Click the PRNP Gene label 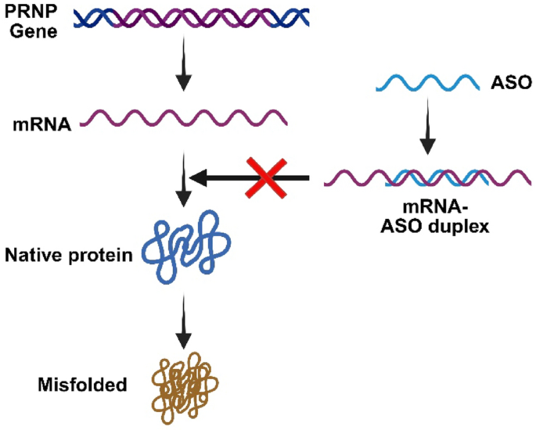[31, 21]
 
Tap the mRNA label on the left [41, 124]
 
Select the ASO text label [511, 82]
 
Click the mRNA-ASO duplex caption [435, 217]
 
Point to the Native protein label [69, 255]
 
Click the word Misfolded [82, 385]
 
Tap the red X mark [266, 177]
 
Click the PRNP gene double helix [192, 18]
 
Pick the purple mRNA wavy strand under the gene [184, 118]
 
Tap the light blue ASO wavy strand [428, 83]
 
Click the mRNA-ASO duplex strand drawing [428, 178]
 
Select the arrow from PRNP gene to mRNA [184, 63]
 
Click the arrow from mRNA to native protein [184, 178]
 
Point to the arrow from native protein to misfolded [184, 321]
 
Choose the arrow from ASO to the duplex [427, 127]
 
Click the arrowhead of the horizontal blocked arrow [198, 178]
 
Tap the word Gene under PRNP [34, 31]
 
